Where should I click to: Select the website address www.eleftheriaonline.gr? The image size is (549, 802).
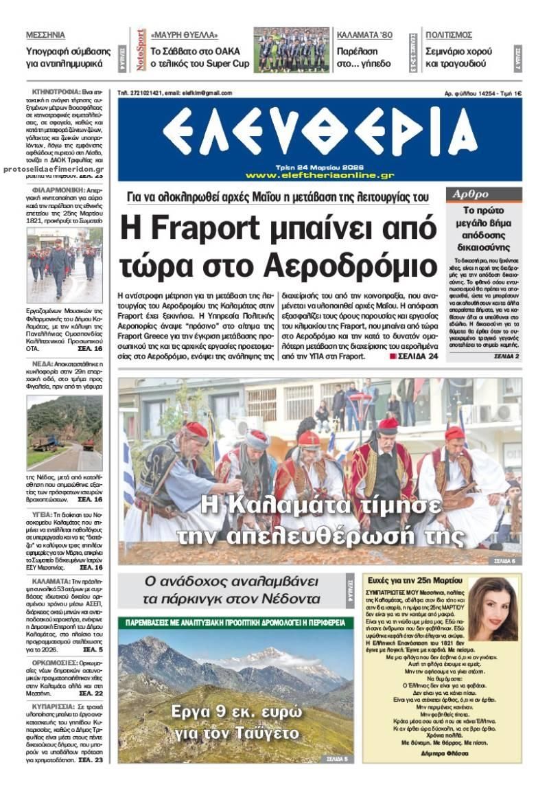pyautogui.click(x=319, y=175)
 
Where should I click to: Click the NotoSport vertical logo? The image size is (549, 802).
pyautogui.click(x=141, y=49)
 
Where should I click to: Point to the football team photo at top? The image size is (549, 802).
pyautogui.click(x=291, y=49)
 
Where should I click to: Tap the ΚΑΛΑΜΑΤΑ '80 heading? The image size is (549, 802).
pyautogui.click(x=364, y=34)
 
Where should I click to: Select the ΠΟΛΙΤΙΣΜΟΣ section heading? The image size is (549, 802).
pyautogui.click(x=449, y=34)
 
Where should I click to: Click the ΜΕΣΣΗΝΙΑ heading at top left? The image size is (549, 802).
pyautogui.click(x=45, y=34)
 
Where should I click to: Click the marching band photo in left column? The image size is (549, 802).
pyautogui.click(x=65, y=265)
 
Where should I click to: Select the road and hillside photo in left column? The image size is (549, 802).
pyautogui.click(x=65, y=433)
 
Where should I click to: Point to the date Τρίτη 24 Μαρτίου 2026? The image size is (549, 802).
pyautogui.click(x=319, y=166)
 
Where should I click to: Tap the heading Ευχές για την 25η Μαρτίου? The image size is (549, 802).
pyautogui.click(x=406, y=580)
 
